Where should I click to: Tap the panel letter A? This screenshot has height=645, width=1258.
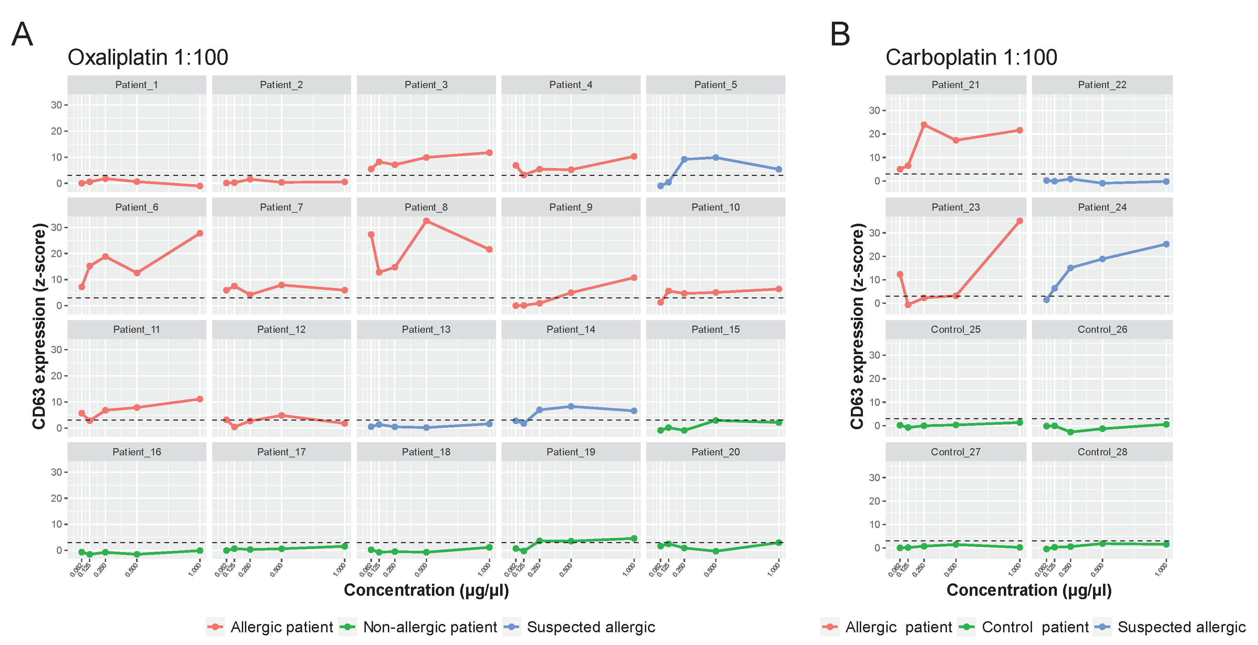[22, 35]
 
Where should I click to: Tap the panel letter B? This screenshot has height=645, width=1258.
[839, 35]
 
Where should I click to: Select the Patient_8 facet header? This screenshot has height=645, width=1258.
[426, 207]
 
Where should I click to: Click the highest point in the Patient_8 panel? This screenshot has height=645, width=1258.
[426, 221]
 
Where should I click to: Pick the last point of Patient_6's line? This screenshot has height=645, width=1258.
[200, 233]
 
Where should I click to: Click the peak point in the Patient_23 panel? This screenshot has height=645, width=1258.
[1020, 221]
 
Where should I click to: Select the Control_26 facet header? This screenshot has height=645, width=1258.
[1102, 329]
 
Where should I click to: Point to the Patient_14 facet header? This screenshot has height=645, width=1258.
[570, 329]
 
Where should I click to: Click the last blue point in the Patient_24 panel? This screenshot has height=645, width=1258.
[1166, 244]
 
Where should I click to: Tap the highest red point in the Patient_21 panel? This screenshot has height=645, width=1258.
[924, 125]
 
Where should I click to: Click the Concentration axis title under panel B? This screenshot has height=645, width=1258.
[1029, 590]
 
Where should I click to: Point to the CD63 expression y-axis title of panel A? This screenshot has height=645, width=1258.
[39, 326]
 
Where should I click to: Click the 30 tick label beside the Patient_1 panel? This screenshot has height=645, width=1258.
[56, 105]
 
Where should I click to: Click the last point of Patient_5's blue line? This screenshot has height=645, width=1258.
[778, 169]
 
